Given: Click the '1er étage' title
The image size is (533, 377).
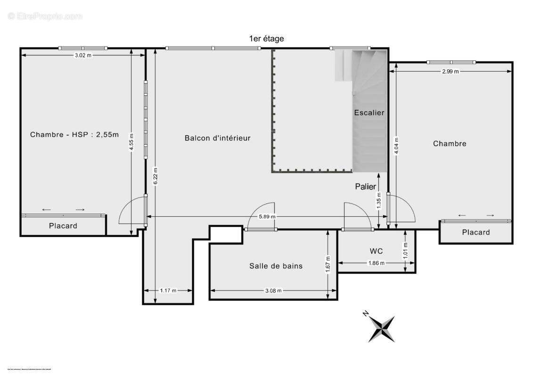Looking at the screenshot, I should [266, 39].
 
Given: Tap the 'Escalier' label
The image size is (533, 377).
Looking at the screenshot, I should [369, 113].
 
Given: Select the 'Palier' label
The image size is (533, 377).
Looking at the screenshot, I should [366, 187].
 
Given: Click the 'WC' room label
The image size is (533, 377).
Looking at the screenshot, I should [376, 250].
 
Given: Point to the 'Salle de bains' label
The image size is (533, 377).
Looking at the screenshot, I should [276, 266].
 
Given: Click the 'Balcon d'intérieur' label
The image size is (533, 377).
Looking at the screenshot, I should [217, 138].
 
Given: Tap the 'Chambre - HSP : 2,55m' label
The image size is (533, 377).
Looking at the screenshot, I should [74, 134].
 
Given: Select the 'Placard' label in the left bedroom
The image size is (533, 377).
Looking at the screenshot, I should [63, 226].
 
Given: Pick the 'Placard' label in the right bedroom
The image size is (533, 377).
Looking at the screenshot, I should [476, 232].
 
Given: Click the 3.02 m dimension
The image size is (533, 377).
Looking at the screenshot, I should [83, 55].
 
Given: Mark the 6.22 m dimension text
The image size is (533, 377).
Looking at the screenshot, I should [156, 176].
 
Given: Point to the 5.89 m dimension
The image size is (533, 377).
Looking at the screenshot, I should [266, 216].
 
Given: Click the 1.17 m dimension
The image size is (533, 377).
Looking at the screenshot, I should [168, 290].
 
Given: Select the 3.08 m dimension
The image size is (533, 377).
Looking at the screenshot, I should [273, 290].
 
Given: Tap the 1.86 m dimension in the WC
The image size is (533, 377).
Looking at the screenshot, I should [376, 263].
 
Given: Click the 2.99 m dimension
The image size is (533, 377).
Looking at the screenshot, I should [450, 71].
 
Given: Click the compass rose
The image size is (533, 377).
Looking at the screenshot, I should [380, 328].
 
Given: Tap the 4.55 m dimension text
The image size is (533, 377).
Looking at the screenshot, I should [132, 142].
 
